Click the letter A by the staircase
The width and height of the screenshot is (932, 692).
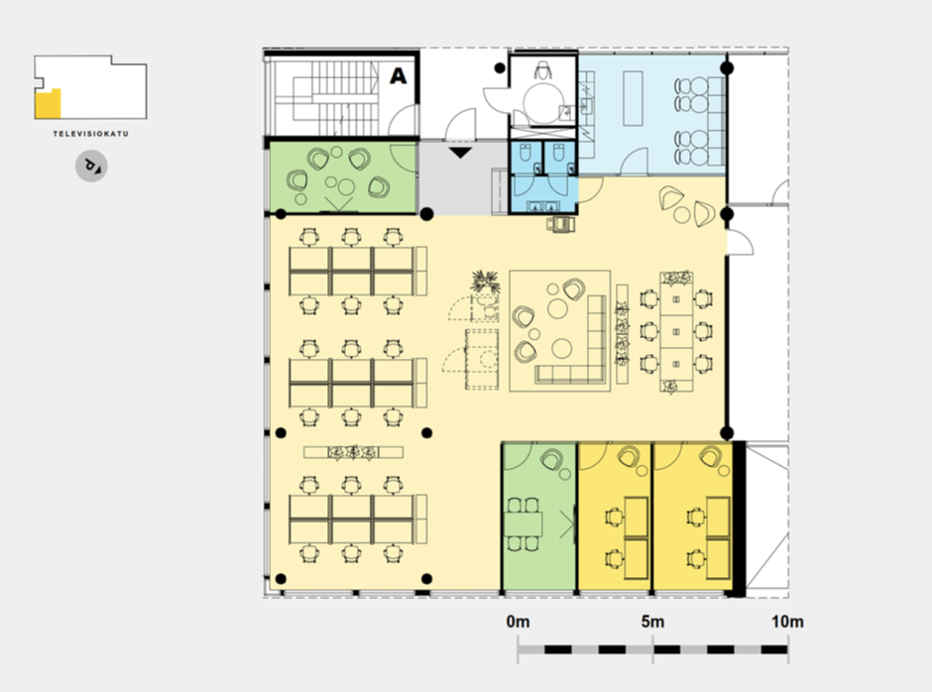tap(399, 76)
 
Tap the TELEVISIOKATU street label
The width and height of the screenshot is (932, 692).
tap(91, 134)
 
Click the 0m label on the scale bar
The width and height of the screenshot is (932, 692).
tap(518, 622)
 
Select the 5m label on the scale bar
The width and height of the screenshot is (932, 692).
tap(652, 622)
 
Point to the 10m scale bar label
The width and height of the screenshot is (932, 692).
tap(787, 622)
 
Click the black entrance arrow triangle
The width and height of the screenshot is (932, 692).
tap(460, 153)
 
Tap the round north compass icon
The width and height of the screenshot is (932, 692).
tap(91, 166)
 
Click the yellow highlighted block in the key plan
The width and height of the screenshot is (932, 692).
tap(48, 104)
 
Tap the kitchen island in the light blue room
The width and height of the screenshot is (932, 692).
tap(633, 98)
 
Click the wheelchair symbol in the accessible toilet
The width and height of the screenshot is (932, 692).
tap(542, 70)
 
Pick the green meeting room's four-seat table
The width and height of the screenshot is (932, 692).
tap(524, 523)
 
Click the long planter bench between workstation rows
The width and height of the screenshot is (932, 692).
tap(354, 452)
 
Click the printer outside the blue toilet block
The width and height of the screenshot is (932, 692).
tap(560, 224)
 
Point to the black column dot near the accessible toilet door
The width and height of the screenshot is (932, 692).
tap(500, 68)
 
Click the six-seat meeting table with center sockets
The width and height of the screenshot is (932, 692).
tap(676, 332)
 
